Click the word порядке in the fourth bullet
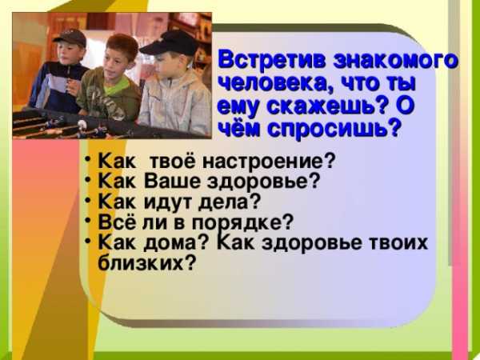click(242, 223)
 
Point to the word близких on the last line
click(147, 262)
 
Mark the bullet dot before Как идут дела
click(88, 199)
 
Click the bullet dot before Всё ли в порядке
click(88, 220)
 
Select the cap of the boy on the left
click(70, 38)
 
